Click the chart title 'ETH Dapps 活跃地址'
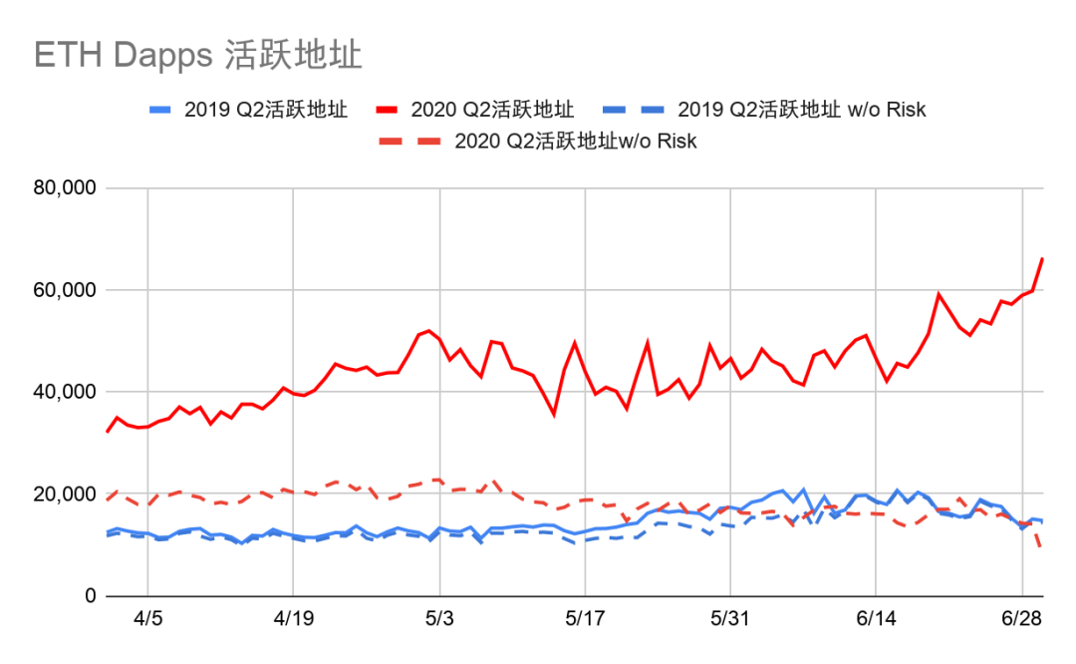pos(198,55)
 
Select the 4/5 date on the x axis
pos(147,619)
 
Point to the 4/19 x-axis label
pos(293,619)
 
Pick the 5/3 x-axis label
pos(439,619)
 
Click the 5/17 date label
pos(585,619)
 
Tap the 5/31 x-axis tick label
pos(730,619)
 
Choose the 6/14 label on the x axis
pos(876,619)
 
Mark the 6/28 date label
pos(1021,619)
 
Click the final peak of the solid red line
pos(1042,259)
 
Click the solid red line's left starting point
pos(106,432)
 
